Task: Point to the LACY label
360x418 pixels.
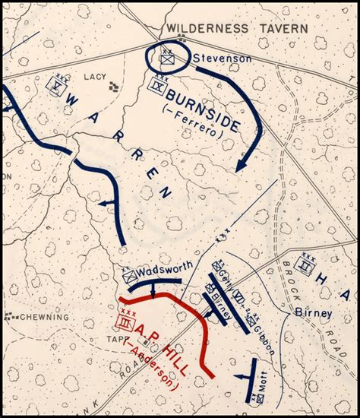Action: (95, 76)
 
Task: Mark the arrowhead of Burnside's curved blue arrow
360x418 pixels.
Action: (241, 165)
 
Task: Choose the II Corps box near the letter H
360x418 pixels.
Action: (305, 266)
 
